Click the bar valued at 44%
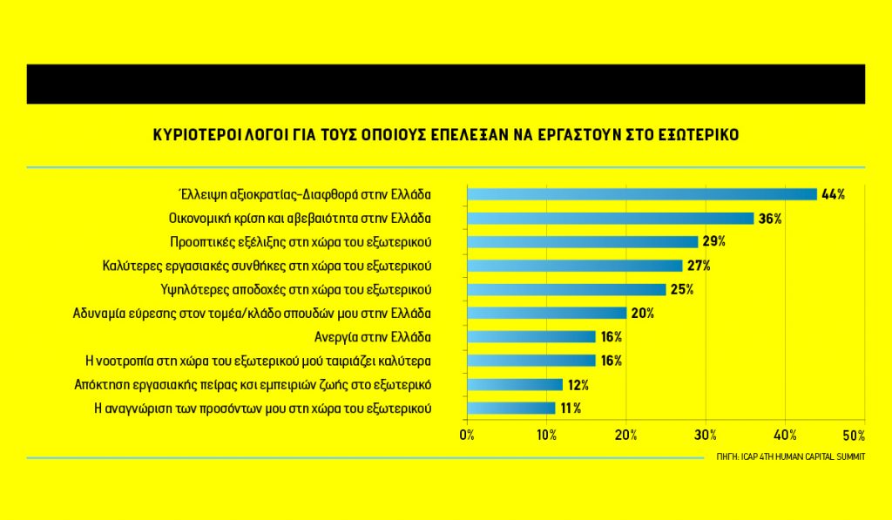pos(642,194)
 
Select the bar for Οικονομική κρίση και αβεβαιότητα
pos(611,218)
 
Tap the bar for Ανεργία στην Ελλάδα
pos(531,336)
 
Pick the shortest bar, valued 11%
pos(511,408)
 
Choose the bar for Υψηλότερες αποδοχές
pos(567,289)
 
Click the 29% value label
pos(714,242)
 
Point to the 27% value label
pos(699,266)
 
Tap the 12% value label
pos(578,384)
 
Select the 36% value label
pos(770,219)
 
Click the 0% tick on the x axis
pos(468,435)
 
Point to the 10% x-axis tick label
pos(547,435)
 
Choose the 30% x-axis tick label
pos(706,435)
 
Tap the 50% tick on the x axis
pos(855,435)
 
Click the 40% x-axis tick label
pos(785,435)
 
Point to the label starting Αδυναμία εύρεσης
pos(253,313)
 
